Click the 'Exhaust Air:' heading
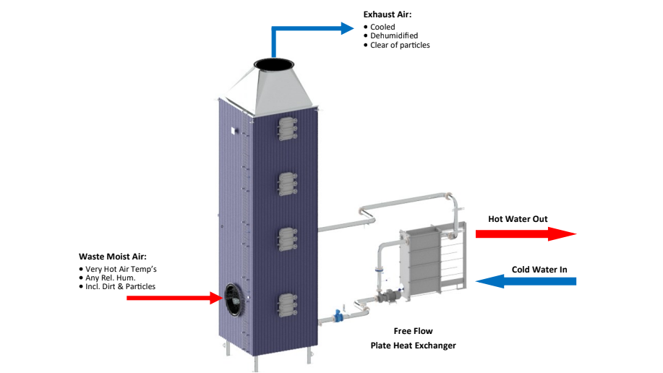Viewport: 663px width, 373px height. pyautogui.click(x=387, y=14)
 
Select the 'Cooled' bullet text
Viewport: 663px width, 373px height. pyautogui.click(x=382, y=27)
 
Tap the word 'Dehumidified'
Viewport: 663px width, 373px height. pyautogui.click(x=394, y=36)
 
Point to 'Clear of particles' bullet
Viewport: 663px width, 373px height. pyautogui.click(x=400, y=46)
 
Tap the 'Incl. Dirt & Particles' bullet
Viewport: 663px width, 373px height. pyautogui.click(x=120, y=286)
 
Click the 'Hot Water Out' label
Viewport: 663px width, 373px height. pyautogui.click(x=518, y=219)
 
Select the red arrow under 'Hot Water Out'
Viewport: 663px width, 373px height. pyautogui.click(x=524, y=233)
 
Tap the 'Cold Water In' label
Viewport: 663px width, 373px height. pyautogui.click(x=539, y=270)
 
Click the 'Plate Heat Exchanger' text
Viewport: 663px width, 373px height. pyautogui.click(x=413, y=346)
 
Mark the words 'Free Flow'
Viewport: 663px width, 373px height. pyautogui.click(x=413, y=331)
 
